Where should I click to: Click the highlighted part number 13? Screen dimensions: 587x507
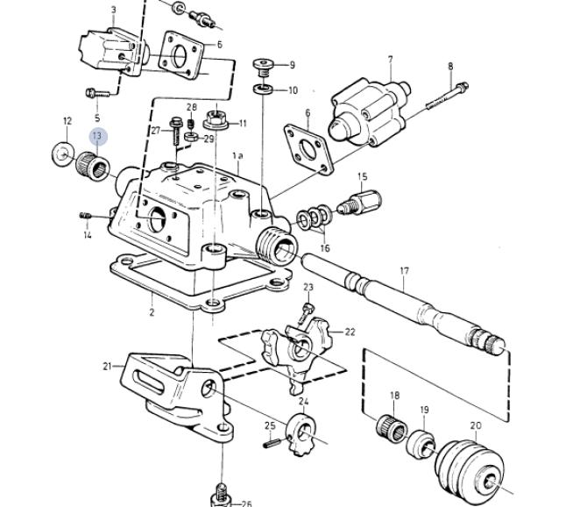pos(98,136)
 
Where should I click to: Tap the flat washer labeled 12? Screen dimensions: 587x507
pos(62,154)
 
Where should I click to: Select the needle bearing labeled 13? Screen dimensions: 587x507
pos(93,166)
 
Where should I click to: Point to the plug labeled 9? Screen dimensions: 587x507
pos(264,68)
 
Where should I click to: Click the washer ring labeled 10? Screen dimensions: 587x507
pos(263,89)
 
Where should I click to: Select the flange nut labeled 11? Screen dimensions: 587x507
pos(216,120)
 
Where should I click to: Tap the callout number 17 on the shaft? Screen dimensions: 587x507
pos(404,270)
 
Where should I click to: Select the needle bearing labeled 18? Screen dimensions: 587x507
pos(392,429)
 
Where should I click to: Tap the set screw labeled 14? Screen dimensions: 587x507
pos(86,216)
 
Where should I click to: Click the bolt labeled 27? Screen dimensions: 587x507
pos(175,132)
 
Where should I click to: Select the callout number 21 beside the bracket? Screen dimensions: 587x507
pos(108,367)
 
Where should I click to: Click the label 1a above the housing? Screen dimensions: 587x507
pos(237,155)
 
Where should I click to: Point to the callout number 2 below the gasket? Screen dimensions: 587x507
pos(152,311)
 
